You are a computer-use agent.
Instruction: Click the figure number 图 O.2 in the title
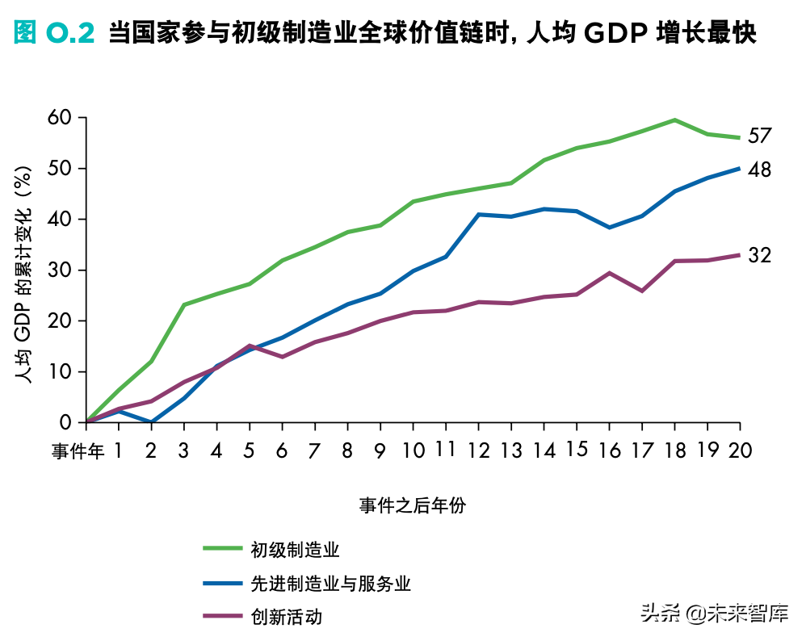point(55,33)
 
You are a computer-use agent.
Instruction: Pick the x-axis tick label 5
point(250,450)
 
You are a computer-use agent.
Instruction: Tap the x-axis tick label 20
point(739,450)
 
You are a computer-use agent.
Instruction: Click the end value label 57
point(759,136)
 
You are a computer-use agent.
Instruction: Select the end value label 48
point(759,170)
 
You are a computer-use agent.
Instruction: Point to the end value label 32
point(759,256)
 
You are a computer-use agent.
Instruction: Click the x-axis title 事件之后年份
point(413,505)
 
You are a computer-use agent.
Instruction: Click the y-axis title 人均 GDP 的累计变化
point(26,270)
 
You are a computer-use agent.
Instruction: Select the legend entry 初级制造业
point(294,550)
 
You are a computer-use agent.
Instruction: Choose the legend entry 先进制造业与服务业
point(330,583)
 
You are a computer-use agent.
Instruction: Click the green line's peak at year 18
point(675,119)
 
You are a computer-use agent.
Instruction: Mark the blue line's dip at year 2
point(152,421)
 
